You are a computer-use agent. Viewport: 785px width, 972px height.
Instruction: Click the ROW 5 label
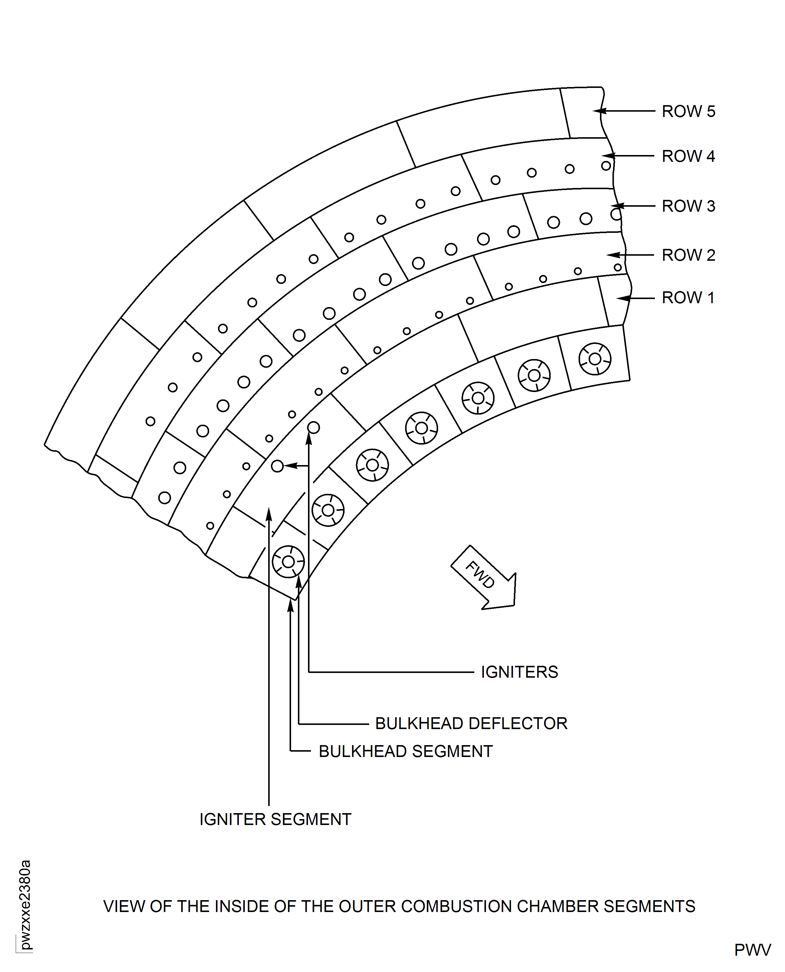click(688, 111)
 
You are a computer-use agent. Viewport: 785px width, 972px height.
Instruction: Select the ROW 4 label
click(688, 156)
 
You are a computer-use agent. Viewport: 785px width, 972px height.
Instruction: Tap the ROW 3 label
click(688, 206)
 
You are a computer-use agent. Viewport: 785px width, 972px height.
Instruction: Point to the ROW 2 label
click(688, 255)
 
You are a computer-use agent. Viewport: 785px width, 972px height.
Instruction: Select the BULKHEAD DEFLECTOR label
click(471, 723)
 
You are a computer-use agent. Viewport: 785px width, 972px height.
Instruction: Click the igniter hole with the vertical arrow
click(313, 427)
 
